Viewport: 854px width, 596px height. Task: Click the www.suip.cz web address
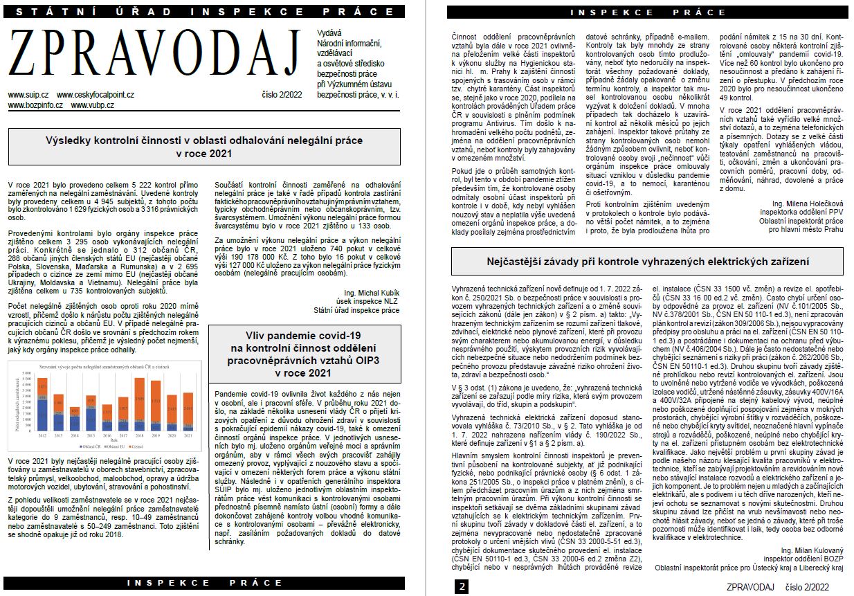[x=28, y=94]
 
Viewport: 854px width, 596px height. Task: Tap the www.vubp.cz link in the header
[x=92, y=105]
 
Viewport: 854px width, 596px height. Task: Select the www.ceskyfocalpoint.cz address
[x=96, y=94]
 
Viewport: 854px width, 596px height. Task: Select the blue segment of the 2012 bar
[x=42, y=415]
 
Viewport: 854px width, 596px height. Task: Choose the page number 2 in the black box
[x=461, y=587]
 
